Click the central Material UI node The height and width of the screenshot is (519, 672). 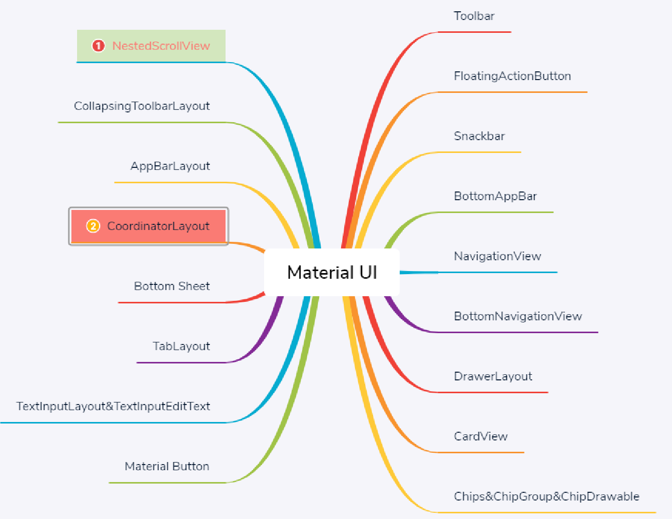(332, 273)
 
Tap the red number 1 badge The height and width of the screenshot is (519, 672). (98, 46)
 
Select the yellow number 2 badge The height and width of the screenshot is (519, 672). (93, 226)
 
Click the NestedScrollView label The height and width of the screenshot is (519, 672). (161, 46)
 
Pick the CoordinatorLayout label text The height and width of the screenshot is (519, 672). (158, 226)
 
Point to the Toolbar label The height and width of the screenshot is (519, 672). (474, 16)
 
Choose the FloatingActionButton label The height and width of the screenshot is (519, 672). (512, 76)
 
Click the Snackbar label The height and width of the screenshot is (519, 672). (479, 136)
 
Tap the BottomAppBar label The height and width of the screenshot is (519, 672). (495, 196)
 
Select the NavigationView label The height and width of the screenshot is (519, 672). (497, 256)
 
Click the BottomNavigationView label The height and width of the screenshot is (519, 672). (518, 316)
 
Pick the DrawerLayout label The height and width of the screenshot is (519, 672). (493, 376)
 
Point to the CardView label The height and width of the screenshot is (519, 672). (480, 436)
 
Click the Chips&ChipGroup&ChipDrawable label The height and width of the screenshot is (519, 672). (547, 496)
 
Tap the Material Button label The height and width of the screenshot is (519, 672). (167, 466)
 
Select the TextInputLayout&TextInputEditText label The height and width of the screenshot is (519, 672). (113, 406)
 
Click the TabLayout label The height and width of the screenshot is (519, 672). (181, 346)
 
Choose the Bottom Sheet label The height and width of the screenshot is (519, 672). (172, 286)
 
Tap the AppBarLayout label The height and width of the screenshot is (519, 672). (170, 166)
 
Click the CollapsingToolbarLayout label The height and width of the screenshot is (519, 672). (142, 106)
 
